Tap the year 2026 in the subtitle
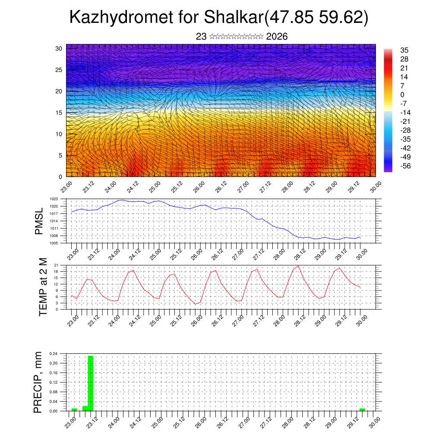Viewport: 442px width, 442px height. pyautogui.click(x=277, y=37)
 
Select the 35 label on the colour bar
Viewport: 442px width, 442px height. pyautogui.click(x=404, y=51)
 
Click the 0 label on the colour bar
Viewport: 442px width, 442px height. pyautogui.click(x=402, y=95)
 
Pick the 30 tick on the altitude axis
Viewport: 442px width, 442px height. pyautogui.click(x=59, y=48)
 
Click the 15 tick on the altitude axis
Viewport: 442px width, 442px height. pyautogui.click(x=59, y=113)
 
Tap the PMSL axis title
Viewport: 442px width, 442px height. pyautogui.click(x=39, y=221)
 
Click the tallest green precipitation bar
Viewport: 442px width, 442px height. pyautogui.click(x=91, y=383)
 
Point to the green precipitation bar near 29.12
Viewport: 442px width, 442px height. pyautogui.click(x=362, y=409)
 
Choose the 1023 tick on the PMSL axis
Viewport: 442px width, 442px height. pyautogui.click(x=54, y=199)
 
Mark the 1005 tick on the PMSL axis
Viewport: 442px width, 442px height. pyautogui.click(x=54, y=243)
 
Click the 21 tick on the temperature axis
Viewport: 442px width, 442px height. pyautogui.click(x=56, y=265)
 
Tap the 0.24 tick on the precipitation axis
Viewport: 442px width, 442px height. pyautogui.click(x=54, y=354)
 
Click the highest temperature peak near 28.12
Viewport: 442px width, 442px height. pyautogui.click(x=299, y=266)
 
